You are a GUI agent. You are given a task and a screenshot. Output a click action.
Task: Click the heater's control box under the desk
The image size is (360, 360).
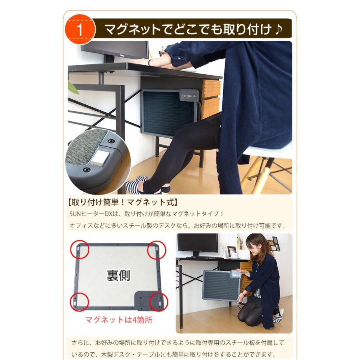(x=188, y=96)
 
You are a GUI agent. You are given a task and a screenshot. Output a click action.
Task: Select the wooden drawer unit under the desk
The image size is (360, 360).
(x=211, y=98)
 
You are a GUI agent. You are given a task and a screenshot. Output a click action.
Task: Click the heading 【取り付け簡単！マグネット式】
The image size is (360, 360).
(x=121, y=202)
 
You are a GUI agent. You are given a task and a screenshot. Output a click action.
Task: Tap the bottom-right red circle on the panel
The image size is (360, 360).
(x=158, y=302)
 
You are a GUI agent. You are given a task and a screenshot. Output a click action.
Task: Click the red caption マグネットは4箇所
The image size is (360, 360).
(x=119, y=320)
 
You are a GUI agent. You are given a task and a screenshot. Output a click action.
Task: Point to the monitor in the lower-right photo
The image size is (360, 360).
(x=198, y=244)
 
